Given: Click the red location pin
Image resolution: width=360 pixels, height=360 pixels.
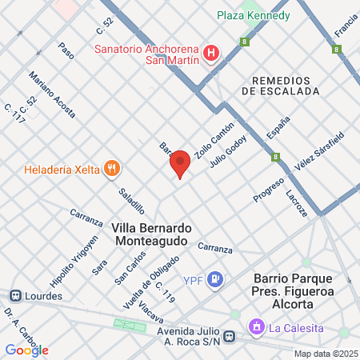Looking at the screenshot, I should click(180, 163).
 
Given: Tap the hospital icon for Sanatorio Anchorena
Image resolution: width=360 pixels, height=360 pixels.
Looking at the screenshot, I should click(211, 54).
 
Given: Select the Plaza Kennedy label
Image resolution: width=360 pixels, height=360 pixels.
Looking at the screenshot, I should click(255, 16).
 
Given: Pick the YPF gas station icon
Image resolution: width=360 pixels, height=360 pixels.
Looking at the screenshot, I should click(214, 279).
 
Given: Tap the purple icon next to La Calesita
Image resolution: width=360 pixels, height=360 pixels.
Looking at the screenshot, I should click(256, 326).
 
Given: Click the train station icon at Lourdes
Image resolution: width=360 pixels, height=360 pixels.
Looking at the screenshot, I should click(14, 295).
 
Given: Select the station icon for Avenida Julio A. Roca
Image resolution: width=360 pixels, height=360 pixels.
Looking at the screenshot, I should click(230, 337).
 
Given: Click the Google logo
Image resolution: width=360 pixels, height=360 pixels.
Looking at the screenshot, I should click(26, 350).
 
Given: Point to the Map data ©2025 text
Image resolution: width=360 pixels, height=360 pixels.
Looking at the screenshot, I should click(325, 354).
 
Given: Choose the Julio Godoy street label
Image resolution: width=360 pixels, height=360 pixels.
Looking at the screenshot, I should click(227, 152).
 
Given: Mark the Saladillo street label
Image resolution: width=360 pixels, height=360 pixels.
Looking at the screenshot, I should click(131, 201).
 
